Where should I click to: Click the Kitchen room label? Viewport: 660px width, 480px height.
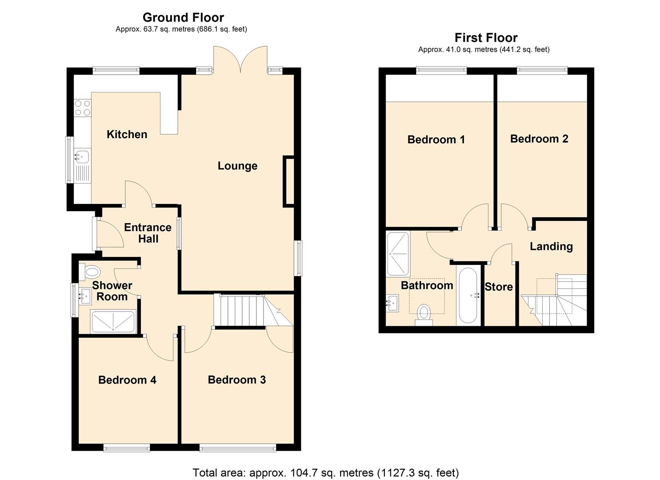pos(127,134)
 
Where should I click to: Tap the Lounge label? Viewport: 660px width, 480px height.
pos(237,166)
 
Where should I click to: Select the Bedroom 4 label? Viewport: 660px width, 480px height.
pos(127,380)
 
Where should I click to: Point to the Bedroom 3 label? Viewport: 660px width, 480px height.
pos(236,380)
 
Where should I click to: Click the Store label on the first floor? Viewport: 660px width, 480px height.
pos(499,287)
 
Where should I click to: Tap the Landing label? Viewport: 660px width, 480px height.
pos(551,247)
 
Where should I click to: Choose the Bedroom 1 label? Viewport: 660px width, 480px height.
pos(436,140)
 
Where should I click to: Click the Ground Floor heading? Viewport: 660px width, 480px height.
pos(183,17)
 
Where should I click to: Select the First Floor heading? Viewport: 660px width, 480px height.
pos(486,38)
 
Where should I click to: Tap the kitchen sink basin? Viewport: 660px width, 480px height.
pos(82,156)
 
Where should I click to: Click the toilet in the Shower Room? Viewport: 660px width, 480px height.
pos(91,271)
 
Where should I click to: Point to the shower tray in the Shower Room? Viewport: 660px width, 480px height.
pos(113,321)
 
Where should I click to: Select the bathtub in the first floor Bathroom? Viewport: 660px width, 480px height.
pos(468,295)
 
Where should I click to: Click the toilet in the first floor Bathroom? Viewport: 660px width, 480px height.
pos(424,313)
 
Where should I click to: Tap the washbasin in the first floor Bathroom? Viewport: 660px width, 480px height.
pos(392,304)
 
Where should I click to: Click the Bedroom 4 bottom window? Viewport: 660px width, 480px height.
pos(127,448)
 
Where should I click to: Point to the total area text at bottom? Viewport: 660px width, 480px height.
pos(325,472)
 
